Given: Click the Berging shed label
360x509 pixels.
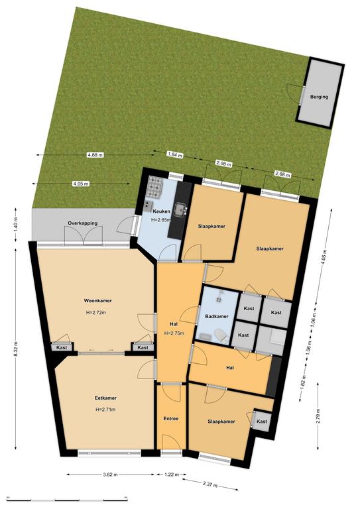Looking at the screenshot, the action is click(319, 97).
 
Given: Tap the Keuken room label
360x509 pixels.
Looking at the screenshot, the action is click(161, 211).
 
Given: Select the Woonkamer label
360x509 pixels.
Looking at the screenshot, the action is click(97, 301).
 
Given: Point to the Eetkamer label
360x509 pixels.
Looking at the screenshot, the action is click(105, 398).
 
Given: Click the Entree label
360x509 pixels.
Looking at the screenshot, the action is click(171, 419).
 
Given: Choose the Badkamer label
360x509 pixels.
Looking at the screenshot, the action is click(217, 316).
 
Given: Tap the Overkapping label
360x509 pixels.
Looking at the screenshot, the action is click(82, 223).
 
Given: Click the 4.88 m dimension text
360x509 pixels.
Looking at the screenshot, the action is click(95, 155).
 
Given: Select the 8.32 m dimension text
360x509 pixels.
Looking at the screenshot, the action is click(16, 349).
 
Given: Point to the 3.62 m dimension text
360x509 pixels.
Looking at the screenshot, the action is click(110, 475).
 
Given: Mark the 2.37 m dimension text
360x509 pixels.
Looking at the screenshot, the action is click(210, 486).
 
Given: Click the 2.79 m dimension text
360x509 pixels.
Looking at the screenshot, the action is click(318, 416).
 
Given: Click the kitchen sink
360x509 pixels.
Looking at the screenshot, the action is click(180, 209).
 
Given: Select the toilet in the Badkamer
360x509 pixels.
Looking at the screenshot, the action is click(221, 335).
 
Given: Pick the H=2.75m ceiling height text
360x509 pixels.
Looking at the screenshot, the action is click(174, 333).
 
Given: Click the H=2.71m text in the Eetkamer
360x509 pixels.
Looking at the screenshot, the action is click(105, 410).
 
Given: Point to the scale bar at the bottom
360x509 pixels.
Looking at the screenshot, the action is click(67, 499).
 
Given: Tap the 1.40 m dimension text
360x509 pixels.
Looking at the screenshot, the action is click(16, 225).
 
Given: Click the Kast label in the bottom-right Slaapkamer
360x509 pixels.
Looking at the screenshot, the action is click(262, 422).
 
